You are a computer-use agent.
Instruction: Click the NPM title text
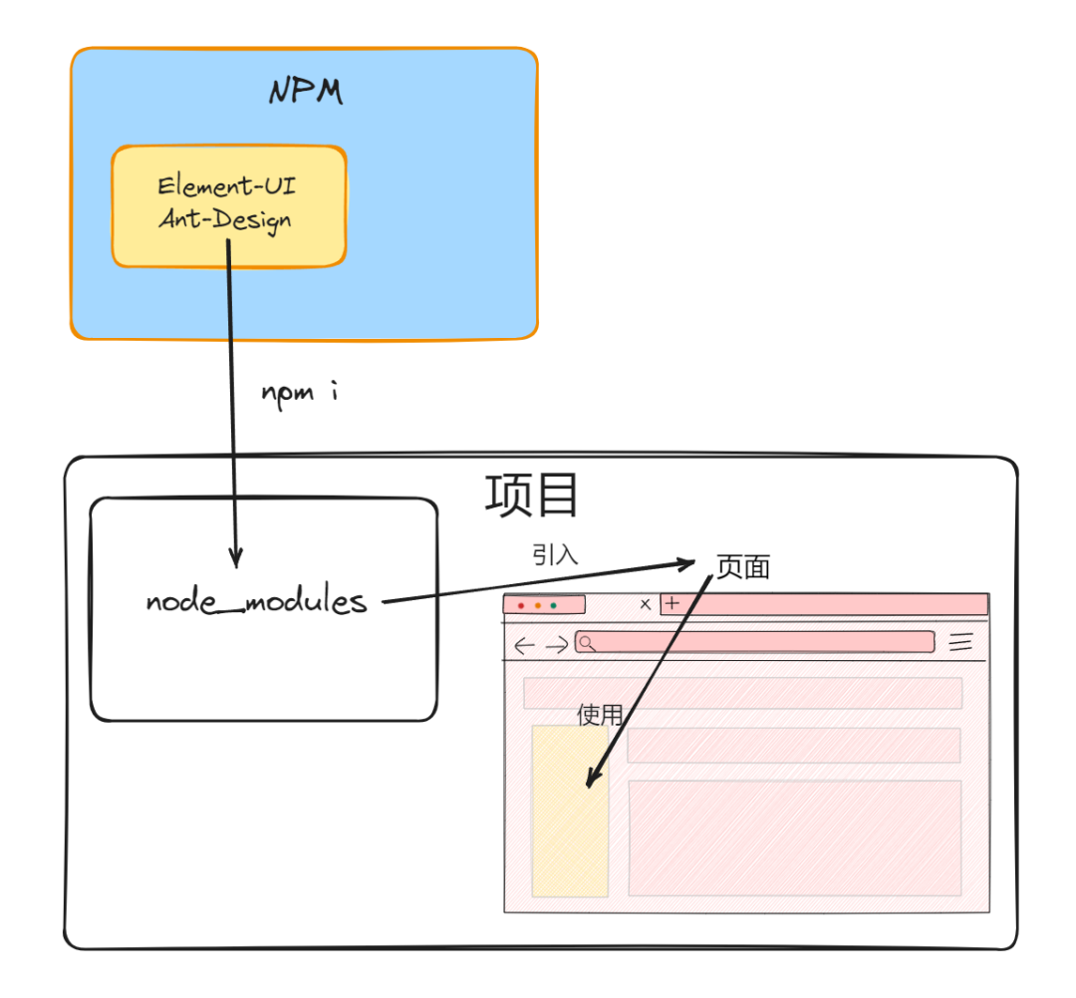click(306, 93)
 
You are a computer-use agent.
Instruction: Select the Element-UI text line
click(227, 186)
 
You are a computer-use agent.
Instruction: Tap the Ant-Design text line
click(226, 217)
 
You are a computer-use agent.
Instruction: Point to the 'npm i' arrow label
click(300, 392)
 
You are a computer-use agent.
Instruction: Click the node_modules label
click(256, 602)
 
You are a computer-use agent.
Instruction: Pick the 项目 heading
click(532, 496)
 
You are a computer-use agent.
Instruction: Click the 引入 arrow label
click(555, 555)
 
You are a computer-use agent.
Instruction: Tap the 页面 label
click(743, 567)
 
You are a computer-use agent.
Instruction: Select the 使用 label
click(600, 715)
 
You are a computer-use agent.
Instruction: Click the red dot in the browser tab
click(521, 605)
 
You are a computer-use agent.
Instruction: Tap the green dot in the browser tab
click(554, 605)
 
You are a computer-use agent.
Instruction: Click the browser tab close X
click(645, 604)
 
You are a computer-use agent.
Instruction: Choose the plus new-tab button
click(672, 603)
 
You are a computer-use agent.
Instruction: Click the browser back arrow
click(524, 645)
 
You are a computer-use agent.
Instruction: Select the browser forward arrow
click(557, 645)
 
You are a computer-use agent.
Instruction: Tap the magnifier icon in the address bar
click(587, 643)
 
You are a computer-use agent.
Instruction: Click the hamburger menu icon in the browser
click(960, 642)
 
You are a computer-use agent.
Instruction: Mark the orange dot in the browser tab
click(538, 605)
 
